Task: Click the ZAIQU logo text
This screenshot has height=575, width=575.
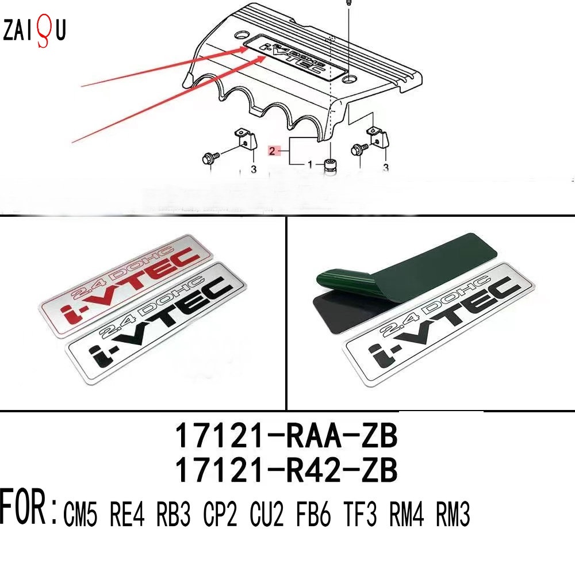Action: (x=34, y=30)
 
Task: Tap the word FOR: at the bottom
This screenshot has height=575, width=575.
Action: (x=28, y=507)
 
